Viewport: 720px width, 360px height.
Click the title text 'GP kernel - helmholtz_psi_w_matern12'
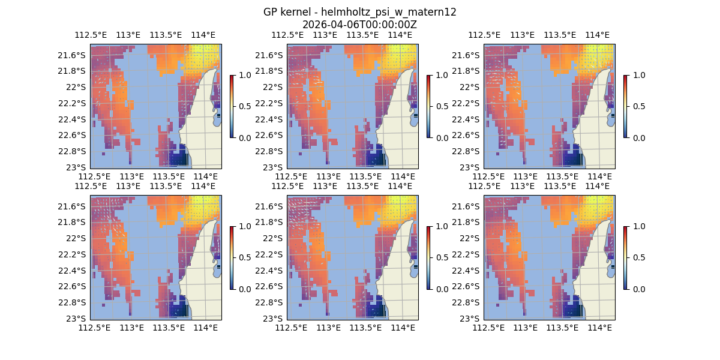(359, 12)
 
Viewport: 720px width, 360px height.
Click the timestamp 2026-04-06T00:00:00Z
(359, 25)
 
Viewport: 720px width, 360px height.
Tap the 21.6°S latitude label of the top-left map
(74, 55)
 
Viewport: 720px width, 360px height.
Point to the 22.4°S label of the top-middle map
(271, 119)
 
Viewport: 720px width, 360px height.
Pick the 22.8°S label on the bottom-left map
(74, 302)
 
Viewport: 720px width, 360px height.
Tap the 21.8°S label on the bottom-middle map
(271, 222)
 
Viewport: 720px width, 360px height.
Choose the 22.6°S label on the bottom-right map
(467, 286)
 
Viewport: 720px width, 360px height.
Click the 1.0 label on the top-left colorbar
(244, 75)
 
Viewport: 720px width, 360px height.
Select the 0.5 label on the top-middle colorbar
(440, 106)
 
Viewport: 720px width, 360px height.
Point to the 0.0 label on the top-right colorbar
(637, 137)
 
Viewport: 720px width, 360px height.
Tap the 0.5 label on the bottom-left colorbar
(244, 257)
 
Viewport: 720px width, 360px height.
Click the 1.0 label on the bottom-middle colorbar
(440, 226)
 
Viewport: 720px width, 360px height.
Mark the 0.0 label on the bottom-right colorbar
(637, 289)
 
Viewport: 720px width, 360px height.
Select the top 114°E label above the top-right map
(596, 35)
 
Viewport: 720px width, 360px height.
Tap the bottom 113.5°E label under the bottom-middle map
(365, 328)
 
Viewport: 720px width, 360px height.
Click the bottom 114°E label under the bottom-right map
(599, 328)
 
